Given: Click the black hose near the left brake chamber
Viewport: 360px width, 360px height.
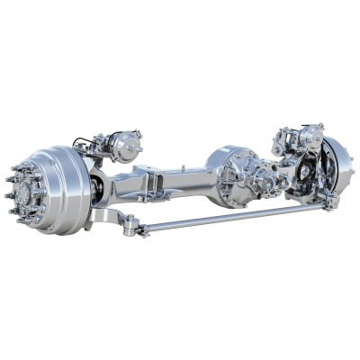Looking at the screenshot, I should [x=86, y=141].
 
